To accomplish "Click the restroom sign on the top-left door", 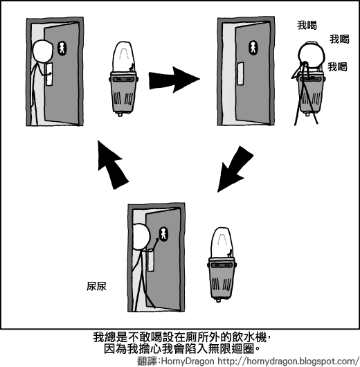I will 61,48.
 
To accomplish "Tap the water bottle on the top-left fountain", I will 124,56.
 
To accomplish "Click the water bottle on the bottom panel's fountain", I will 222,241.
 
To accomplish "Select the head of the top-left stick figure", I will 43,51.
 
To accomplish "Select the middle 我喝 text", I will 339,39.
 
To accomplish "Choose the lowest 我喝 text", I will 336,67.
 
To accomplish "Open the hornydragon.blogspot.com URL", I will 287,361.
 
